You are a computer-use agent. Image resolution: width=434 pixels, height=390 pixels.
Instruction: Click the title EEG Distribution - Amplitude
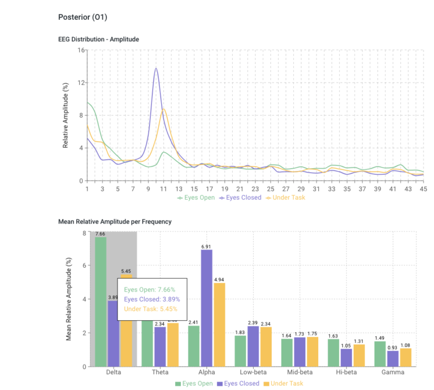98,39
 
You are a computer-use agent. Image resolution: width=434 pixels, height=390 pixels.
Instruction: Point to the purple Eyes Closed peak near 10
156,68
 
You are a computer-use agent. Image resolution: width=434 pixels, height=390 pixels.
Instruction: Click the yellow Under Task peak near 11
163,109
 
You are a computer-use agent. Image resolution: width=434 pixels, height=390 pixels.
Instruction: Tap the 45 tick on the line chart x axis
423,188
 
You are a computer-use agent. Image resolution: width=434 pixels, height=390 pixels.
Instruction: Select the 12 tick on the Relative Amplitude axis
81,83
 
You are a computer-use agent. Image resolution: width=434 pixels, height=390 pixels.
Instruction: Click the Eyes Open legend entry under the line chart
196,198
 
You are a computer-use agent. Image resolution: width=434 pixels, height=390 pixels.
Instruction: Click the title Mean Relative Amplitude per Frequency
115,221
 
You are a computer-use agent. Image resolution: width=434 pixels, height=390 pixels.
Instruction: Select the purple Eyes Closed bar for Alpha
207,308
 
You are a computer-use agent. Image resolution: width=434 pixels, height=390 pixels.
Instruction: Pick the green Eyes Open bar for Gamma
379,354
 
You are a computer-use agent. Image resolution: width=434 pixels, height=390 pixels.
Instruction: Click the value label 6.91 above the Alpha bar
207,247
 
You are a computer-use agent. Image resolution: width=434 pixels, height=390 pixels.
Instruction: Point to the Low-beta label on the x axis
253,373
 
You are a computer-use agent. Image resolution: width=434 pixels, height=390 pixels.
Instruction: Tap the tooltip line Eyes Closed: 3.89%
149,299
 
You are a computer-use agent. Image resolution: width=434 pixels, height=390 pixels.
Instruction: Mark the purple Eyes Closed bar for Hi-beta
345,358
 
